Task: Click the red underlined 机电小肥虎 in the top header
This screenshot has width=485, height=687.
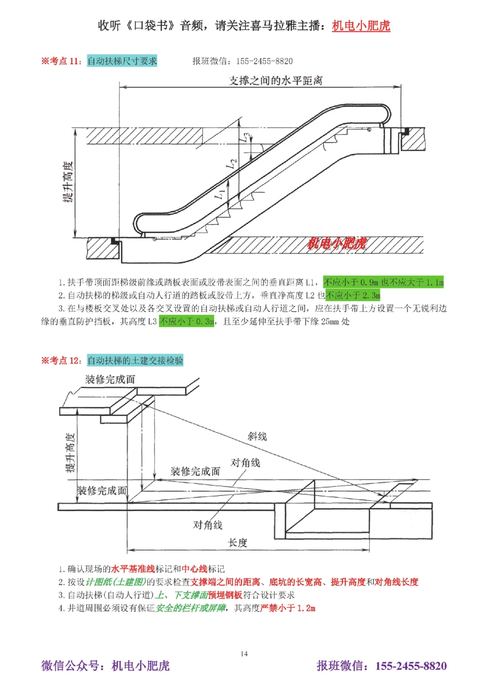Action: [361, 26]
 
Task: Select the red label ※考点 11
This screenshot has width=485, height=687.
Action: [61, 61]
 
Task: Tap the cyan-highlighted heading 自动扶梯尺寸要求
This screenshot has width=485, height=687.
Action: [122, 61]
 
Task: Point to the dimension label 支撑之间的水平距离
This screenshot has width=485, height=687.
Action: [275, 81]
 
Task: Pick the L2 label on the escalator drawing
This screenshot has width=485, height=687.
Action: [231, 164]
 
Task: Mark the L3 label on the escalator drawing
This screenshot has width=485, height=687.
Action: [246, 137]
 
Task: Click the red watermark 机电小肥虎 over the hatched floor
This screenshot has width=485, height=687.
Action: [337, 243]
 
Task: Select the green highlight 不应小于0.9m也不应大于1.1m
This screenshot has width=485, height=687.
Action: [383, 282]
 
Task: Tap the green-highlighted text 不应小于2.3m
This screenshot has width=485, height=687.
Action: [353, 295]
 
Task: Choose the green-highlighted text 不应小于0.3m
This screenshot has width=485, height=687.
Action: [187, 321]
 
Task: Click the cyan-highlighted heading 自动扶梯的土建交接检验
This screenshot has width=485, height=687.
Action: [135, 360]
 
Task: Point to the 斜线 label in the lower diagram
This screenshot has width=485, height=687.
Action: [257, 436]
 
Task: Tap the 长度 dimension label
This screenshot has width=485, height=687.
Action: [238, 543]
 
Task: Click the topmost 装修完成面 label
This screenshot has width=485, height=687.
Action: [110, 379]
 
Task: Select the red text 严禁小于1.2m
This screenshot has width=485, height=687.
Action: [288, 608]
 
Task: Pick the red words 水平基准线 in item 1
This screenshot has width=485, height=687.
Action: [133, 569]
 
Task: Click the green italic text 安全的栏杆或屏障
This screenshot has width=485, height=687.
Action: [191, 608]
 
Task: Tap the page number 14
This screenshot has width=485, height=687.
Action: [244, 653]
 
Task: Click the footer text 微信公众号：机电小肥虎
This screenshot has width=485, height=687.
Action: [105, 666]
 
